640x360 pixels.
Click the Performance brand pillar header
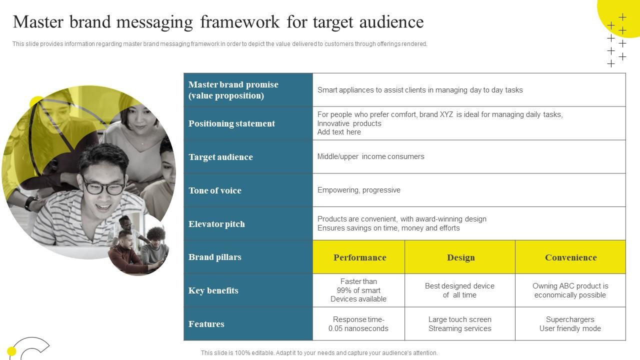point(359,257)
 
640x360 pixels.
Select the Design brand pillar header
point(460,257)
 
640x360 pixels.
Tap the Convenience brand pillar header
point(570,257)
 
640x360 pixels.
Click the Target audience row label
point(220,157)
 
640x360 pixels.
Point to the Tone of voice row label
point(215,190)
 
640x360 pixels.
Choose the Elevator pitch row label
point(216,224)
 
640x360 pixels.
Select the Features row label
point(206,324)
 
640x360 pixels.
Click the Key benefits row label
point(213,290)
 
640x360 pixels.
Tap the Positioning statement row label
point(231,123)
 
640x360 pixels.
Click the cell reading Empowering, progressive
point(359,190)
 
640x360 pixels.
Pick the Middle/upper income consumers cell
point(370,156)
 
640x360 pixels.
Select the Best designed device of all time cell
point(459,290)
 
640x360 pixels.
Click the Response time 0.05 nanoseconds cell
point(358,324)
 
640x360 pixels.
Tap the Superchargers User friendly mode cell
point(570,324)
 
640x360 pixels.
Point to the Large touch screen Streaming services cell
point(459,324)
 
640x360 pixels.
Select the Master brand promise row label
point(233,90)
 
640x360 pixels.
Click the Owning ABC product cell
point(570,290)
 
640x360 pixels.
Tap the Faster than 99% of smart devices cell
point(358,290)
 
